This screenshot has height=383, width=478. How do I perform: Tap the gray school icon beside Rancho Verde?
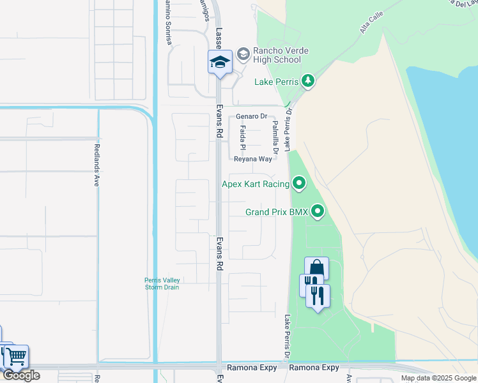pos(243,54)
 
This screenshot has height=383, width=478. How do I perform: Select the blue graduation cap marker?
pos(220,63)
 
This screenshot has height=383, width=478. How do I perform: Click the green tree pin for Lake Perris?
pos(308,80)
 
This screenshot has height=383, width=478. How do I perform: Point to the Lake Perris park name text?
pos(276,82)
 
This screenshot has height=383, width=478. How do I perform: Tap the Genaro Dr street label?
pos(251,116)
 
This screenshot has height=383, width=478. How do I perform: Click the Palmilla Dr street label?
pos(275,138)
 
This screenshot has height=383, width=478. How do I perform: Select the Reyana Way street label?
pos(253,159)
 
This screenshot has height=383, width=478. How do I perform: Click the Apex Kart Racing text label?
pos(255,184)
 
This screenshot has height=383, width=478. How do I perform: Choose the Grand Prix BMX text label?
pos(277,212)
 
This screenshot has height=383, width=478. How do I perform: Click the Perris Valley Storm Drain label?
pos(162,283)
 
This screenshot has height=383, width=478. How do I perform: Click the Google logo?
pos(21,375)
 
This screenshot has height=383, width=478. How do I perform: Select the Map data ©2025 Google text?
pos(438,378)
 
